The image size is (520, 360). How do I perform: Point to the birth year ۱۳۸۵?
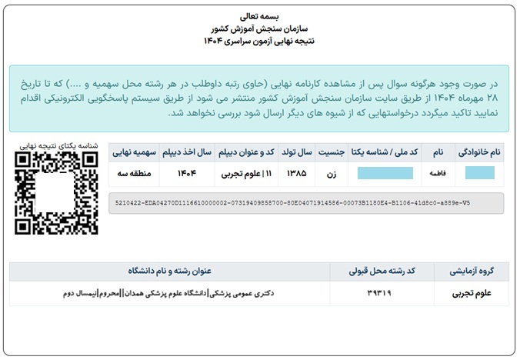[295, 174]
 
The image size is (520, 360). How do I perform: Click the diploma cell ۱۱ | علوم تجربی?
[245, 174]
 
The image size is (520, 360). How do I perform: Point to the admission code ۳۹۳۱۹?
[381, 293]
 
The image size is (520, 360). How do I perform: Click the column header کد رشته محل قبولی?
[381, 271]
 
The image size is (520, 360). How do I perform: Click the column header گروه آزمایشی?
[471, 271]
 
